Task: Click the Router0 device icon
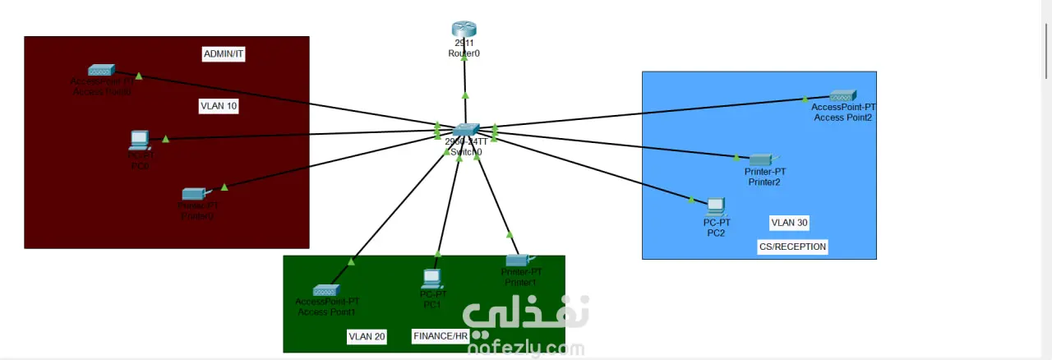(x=464, y=30)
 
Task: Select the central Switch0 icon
(x=465, y=130)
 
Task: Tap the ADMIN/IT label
(x=224, y=54)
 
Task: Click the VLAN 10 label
(x=219, y=106)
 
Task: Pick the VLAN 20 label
(x=367, y=336)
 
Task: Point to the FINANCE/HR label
(x=440, y=336)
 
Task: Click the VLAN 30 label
(x=789, y=223)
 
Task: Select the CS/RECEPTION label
(x=792, y=247)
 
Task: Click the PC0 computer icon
(x=139, y=140)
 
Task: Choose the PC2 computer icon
(x=716, y=206)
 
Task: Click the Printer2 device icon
(x=762, y=159)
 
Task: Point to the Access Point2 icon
(x=843, y=95)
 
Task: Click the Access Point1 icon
(x=325, y=289)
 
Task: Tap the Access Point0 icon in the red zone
(x=102, y=70)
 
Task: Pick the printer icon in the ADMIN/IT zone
(x=194, y=194)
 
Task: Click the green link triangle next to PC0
(x=165, y=139)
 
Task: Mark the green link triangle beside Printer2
(x=736, y=158)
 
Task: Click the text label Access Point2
(x=842, y=118)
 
